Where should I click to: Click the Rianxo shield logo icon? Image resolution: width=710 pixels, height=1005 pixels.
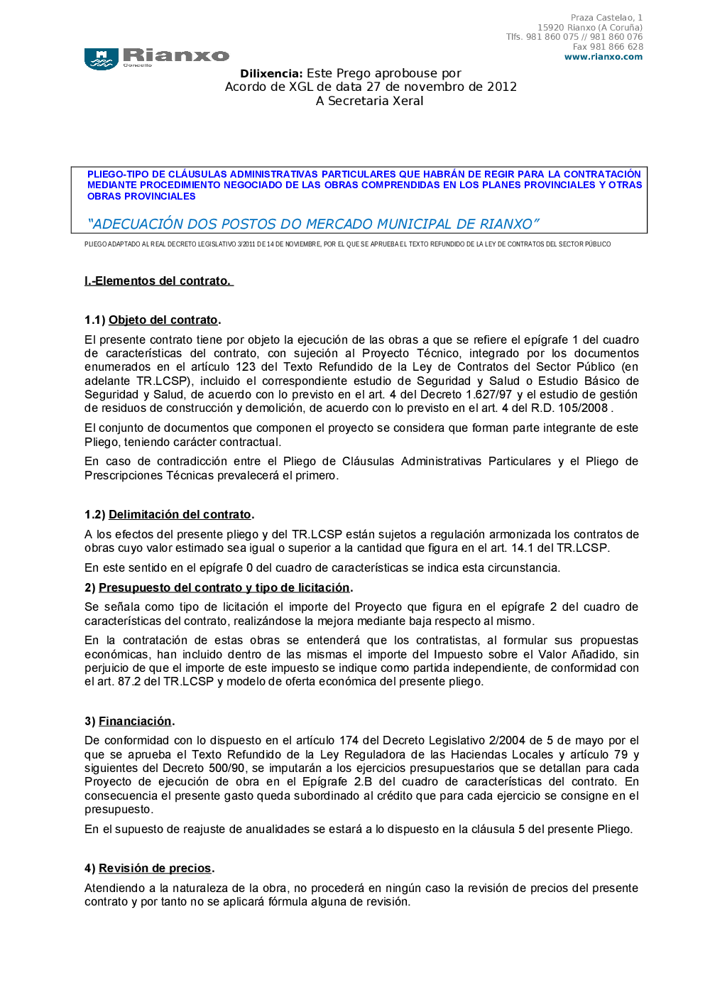101,59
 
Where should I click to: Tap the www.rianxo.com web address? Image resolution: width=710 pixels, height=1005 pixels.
603,57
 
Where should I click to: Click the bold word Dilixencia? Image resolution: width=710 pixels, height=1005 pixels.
271,73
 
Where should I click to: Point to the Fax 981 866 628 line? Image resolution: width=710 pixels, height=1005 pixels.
608,47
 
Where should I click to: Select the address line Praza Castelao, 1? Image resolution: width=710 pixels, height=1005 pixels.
606,18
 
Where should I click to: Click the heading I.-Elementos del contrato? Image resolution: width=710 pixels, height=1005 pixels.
158,281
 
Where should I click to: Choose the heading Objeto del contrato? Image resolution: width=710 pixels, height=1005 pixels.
163,320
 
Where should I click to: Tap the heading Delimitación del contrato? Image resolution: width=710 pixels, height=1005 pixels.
180,514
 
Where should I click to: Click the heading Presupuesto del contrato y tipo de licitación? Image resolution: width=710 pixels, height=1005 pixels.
224,587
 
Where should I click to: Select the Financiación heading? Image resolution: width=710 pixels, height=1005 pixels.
135,721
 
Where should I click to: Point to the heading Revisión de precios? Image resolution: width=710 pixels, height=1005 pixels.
155,868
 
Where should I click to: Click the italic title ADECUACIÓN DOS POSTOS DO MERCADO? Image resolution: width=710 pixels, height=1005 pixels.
313,224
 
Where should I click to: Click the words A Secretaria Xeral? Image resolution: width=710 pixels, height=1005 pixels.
369,101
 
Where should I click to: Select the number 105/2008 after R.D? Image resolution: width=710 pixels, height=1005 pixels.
583,408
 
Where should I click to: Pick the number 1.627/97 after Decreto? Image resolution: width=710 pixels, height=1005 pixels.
488,394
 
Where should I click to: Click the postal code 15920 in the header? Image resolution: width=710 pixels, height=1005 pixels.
551,28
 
